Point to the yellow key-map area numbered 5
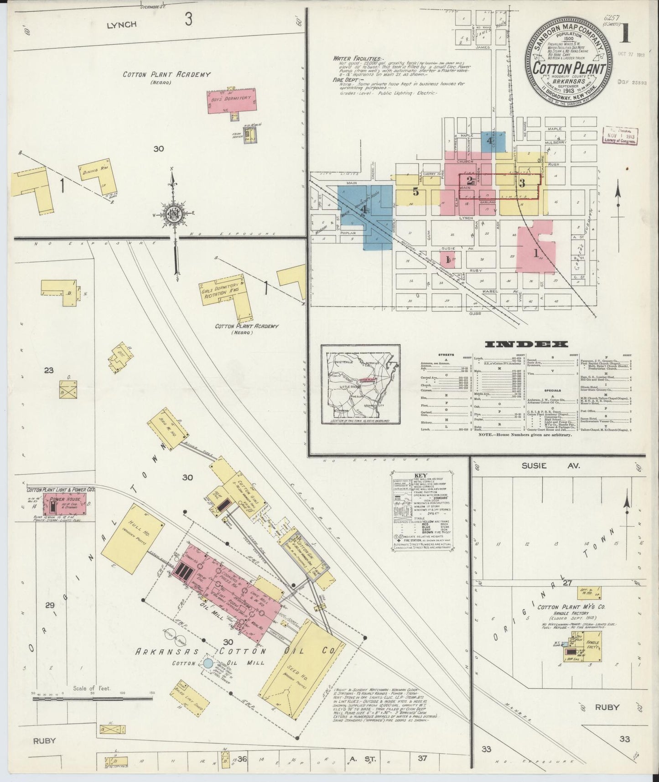tap(415, 192)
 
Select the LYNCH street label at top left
tap(121, 25)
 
